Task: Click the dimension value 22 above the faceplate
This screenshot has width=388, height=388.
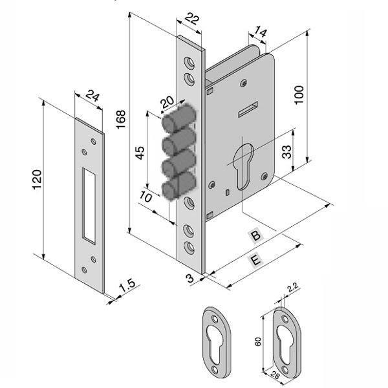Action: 190,20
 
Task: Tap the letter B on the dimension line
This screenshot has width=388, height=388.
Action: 256,236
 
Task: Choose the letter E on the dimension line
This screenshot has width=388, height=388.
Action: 256,260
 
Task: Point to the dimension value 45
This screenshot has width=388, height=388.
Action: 138,154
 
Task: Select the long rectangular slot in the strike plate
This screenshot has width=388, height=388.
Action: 87,202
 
